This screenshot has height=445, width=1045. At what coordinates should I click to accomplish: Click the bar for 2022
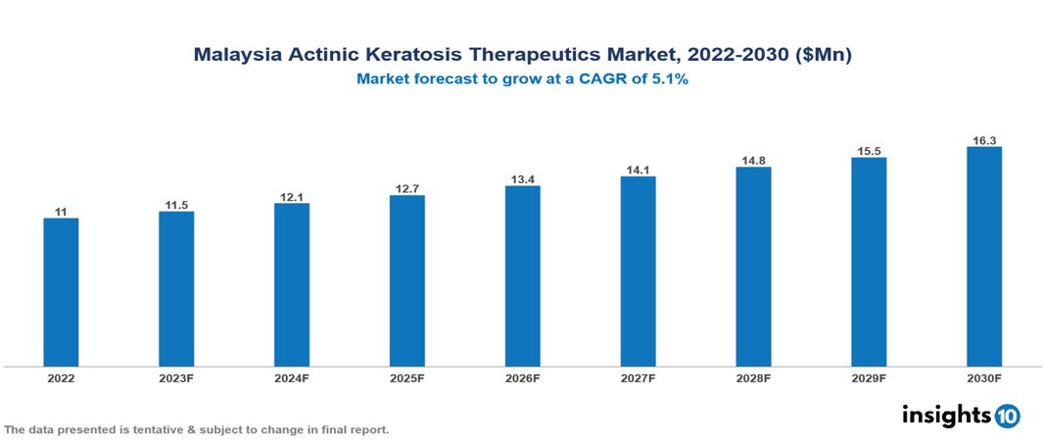(61, 292)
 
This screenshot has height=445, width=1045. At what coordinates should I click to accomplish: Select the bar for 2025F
(406, 280)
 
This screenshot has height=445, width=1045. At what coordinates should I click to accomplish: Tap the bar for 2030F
(983, 257)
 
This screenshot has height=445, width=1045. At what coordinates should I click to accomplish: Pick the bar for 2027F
(638, 272)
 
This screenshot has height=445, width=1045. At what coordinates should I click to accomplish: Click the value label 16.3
(983, 140)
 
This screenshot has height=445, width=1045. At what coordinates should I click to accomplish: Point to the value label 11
(61, 212)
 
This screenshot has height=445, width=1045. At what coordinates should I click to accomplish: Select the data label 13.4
(522, 179)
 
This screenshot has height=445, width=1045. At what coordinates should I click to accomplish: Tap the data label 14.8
(753, 161)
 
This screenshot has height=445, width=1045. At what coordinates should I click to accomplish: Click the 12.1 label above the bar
(292, 197)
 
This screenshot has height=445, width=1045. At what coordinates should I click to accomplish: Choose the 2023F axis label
(176, 378)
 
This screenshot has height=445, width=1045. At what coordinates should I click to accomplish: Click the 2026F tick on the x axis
(522, 378)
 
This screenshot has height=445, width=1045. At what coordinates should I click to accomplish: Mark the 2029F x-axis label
(868, 378)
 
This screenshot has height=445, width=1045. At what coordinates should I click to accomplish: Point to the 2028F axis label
(753, 378)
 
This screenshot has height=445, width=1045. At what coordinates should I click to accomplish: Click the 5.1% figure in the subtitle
(669, 80)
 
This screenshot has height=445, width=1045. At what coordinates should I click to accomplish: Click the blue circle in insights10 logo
(1008, 416)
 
